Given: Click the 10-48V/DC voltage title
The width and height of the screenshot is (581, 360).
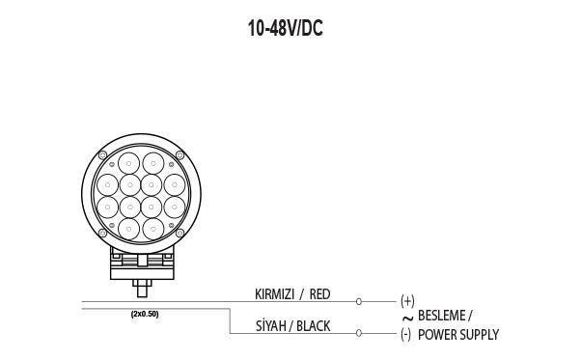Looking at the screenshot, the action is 286,28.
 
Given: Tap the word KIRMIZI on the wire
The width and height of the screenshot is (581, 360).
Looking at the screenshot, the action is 274,294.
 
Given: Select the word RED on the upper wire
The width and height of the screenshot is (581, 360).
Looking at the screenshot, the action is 319,294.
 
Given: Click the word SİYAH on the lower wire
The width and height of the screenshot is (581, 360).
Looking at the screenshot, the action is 270,326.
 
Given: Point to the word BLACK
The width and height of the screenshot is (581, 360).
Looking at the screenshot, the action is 313,326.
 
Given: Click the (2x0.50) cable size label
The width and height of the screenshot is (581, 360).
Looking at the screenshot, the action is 145,314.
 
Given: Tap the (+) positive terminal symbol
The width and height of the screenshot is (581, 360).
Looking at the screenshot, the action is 407,301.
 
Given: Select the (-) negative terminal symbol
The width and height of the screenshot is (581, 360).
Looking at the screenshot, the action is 405,335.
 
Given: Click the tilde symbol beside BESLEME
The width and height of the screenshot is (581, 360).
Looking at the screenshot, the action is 407,318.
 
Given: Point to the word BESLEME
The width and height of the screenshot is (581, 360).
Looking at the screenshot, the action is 442,316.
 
